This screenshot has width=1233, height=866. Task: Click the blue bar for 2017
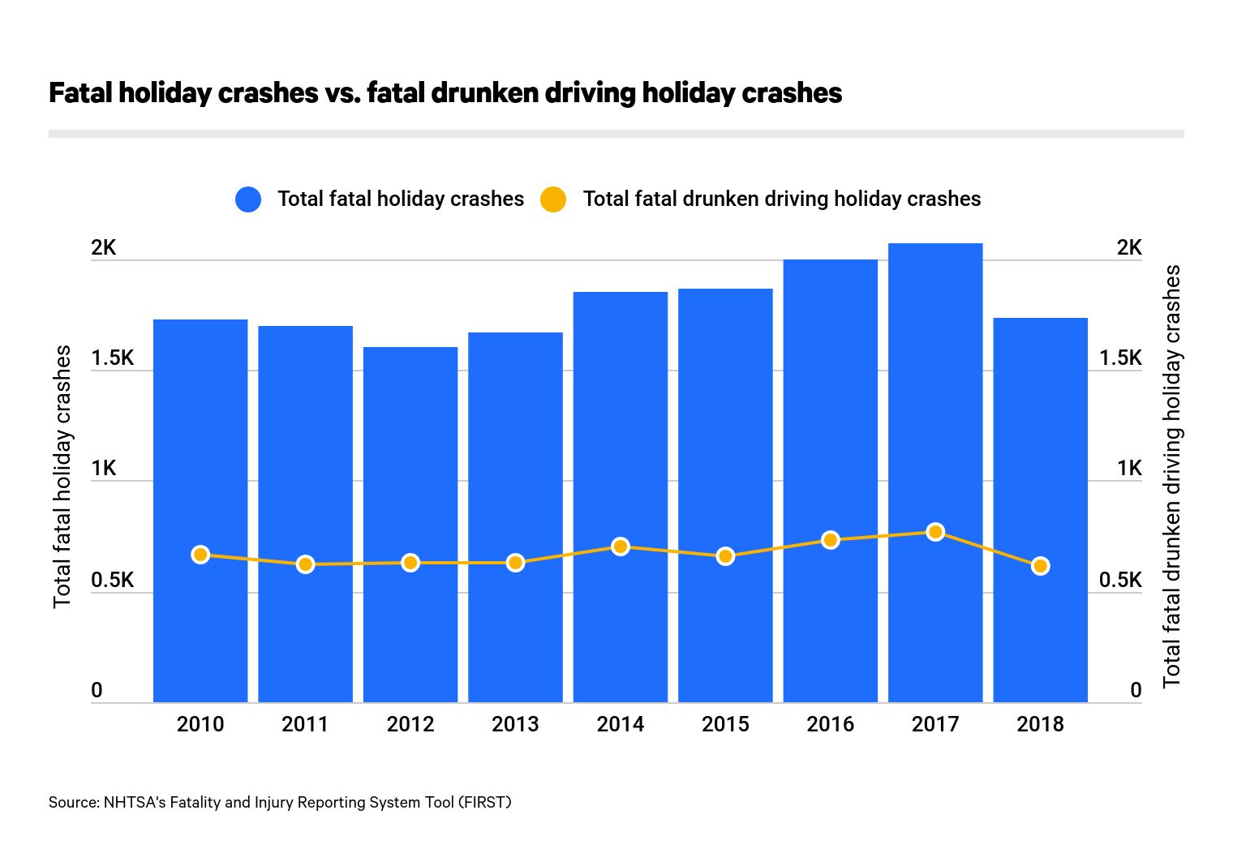click(x=934, y=405)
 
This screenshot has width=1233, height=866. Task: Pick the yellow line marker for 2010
click(x=200, y=555)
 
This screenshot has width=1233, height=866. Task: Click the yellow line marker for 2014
click(x=621, y=547)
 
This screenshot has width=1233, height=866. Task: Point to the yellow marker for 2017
click(x=935, y=532)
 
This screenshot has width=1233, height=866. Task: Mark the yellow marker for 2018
click(x=1040, y=566)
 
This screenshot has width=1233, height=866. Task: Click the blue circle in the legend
click(x=248, y=199)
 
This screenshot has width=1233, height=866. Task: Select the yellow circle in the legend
click(x=553, y=199)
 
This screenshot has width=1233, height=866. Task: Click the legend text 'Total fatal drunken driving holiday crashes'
click(x=781, y=199)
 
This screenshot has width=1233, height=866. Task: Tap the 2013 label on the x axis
click(x=515, y=724)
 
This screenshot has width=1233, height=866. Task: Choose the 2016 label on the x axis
click(x=830, y=724)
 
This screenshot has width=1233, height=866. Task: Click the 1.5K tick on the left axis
click(x=112, y=358)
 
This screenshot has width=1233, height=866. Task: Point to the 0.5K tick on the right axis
click(x=1119, y=581)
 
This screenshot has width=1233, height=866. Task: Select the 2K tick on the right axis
click(x=1128, y=248)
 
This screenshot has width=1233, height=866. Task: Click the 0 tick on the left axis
click(x=97, y=691)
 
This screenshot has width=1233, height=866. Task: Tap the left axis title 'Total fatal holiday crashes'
click(x=62, y=477)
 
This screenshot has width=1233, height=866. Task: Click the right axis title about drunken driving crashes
click(x=1171, y=477)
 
